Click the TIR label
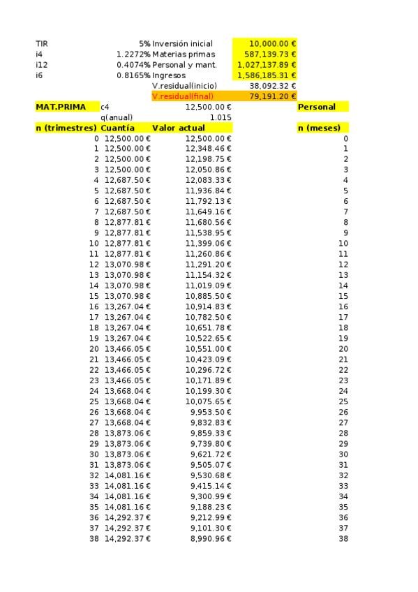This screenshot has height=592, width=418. [42, 43]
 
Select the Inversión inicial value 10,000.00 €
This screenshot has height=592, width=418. [272, 43]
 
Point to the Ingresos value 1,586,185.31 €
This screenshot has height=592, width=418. [267, 75]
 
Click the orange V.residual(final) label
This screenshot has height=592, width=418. [183, 96]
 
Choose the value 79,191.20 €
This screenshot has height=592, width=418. [272, 96]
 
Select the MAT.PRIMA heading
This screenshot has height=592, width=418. [61, 107]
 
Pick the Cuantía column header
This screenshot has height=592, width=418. [118, 128]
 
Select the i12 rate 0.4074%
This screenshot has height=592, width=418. [133, 65]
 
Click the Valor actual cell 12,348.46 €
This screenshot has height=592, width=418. [208, 149]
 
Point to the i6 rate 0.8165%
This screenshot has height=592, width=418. [133, 75]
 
